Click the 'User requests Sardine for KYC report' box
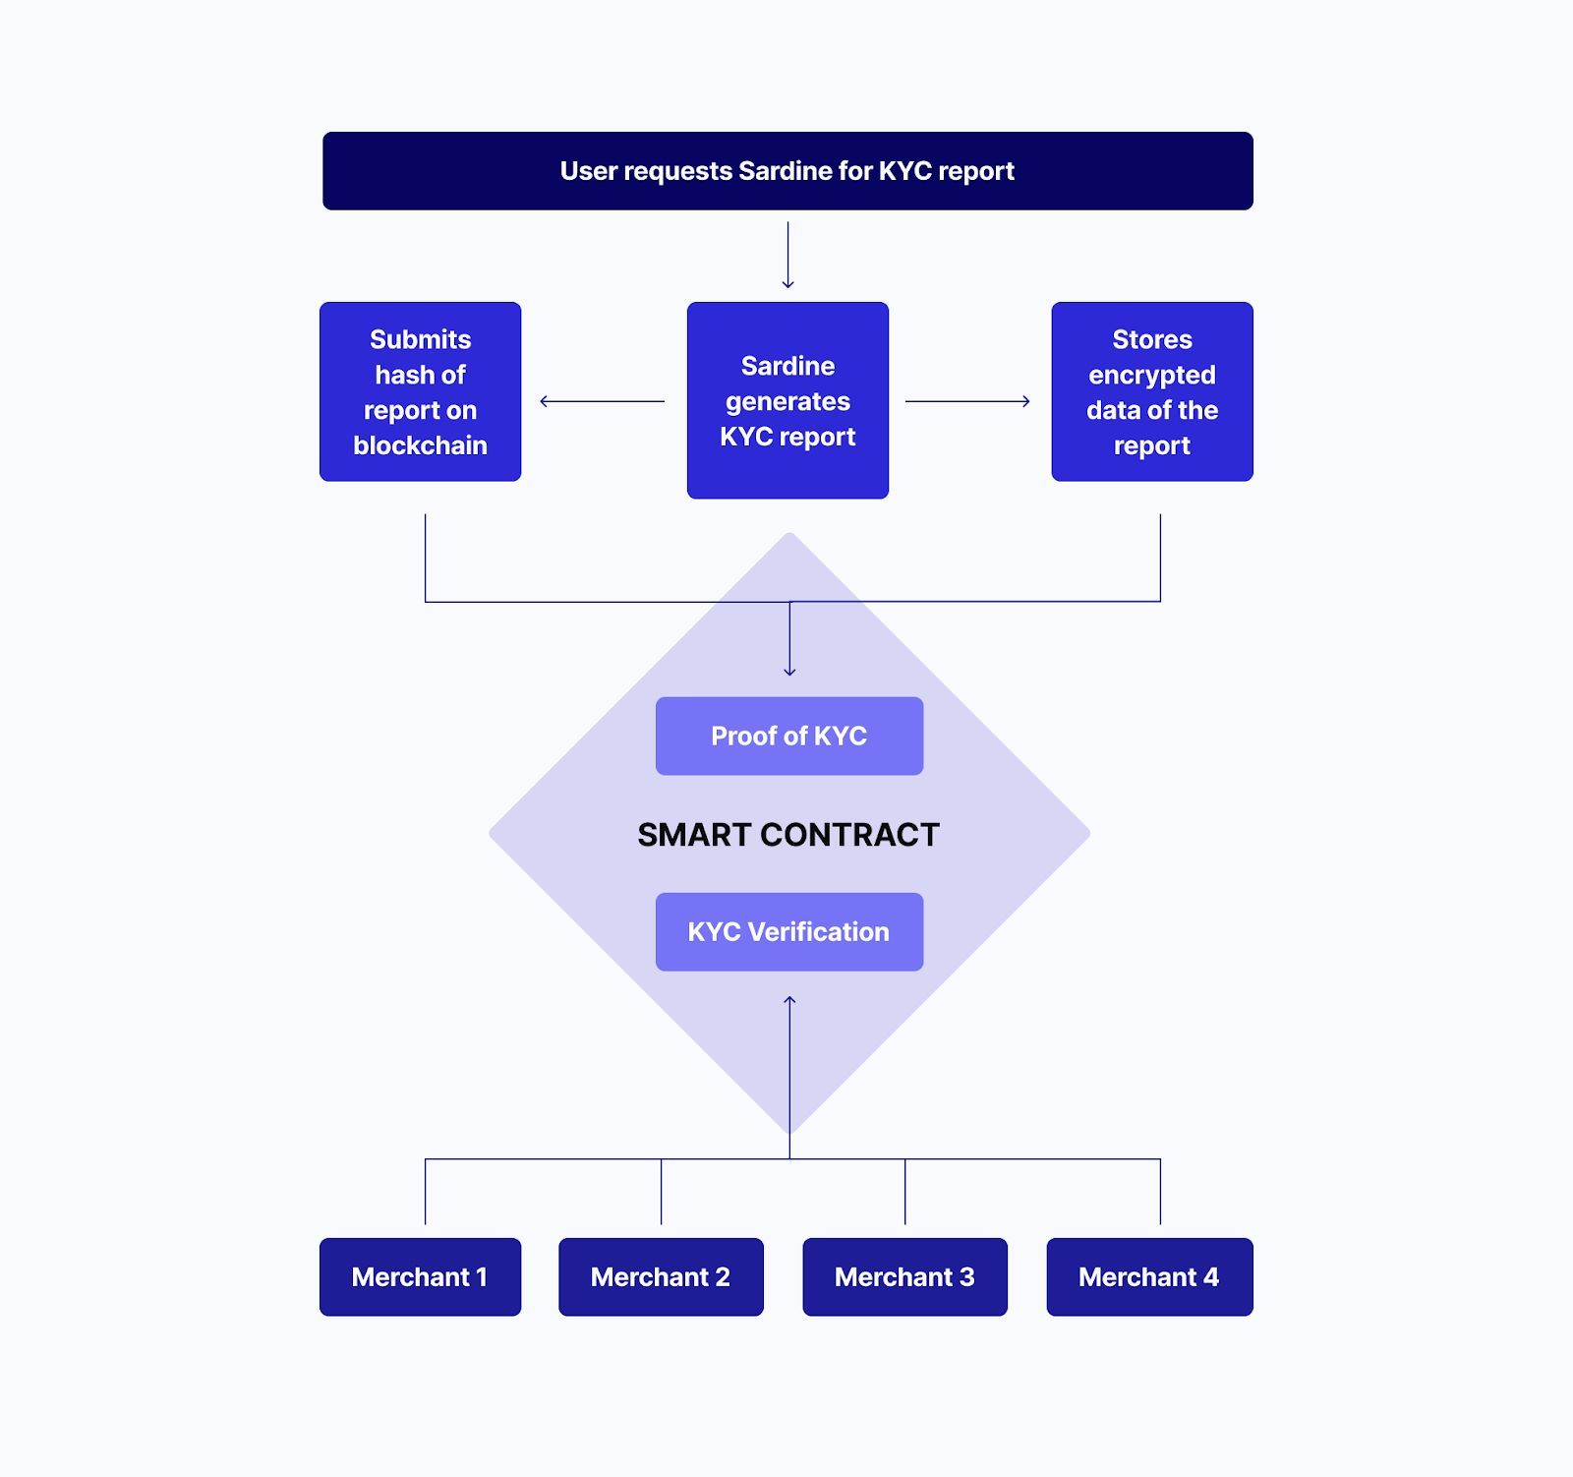coord(787,171)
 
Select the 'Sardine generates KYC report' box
coord(787,400)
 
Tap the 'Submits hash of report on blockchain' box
coord(420,391)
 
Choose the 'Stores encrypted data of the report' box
coord(1151,391)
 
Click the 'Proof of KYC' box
coord(788,736)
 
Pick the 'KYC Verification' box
coord(788,931)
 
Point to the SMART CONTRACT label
coord(788,835)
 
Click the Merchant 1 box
coord(420,1276)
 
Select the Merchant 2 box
coord(661,1276)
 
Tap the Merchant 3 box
coord(904,1276)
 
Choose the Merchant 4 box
coord(1149,1276)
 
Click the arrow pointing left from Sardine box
coord(602,401)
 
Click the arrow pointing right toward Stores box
coord(967,401)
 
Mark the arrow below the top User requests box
coord(787,256)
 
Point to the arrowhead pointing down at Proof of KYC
coord(789,673)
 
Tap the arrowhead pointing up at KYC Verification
coord(789,1000)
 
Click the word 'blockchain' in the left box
coord(420,445)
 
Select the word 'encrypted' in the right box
coord(1151,375)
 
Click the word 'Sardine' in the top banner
coord(784,171)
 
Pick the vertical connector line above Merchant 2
coord(661,1192)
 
